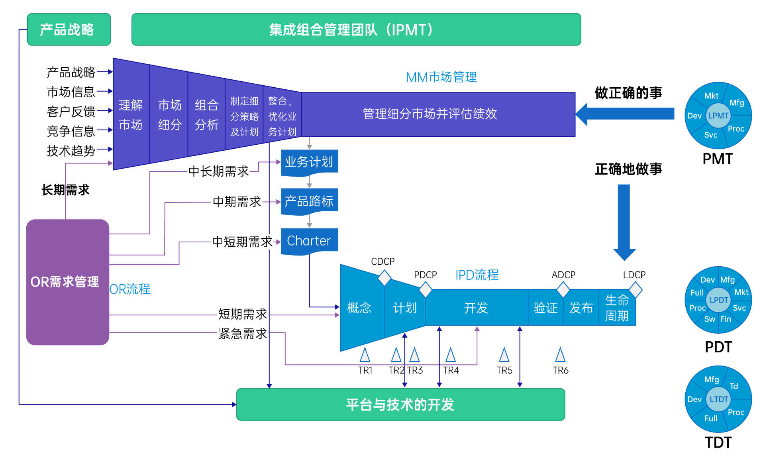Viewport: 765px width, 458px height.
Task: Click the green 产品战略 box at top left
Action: (x=69, y=29)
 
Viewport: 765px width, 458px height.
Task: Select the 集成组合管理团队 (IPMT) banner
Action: (x=356, y=29)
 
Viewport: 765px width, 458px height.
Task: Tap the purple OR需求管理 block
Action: (x=67, y=282)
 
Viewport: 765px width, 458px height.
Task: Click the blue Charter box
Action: (x=309, y=241)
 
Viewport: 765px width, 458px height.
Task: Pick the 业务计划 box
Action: (x=309, y=162)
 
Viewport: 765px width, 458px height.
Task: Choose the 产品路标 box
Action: (x=309, y=201)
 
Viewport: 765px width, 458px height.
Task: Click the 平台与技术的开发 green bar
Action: (x=400, y=404)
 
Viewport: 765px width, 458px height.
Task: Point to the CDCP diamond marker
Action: (x=384, y=278)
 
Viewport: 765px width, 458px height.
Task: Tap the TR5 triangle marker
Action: (x=504, y=355)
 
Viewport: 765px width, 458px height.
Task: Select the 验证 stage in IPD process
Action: (x=545, y=308)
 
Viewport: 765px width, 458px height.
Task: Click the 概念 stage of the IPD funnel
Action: (x=359, y=308)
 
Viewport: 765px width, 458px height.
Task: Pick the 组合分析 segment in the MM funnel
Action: (x=206, y=115)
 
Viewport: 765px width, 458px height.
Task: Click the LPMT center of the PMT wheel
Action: (x=718, y=116)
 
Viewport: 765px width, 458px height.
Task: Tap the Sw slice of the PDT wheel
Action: (x=710, y=319)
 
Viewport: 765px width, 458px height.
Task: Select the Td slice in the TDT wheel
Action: (x=734, y=386)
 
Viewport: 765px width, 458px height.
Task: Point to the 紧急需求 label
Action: (x=242, y=333)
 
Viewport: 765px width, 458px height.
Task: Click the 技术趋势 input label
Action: (x=71, y=151)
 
